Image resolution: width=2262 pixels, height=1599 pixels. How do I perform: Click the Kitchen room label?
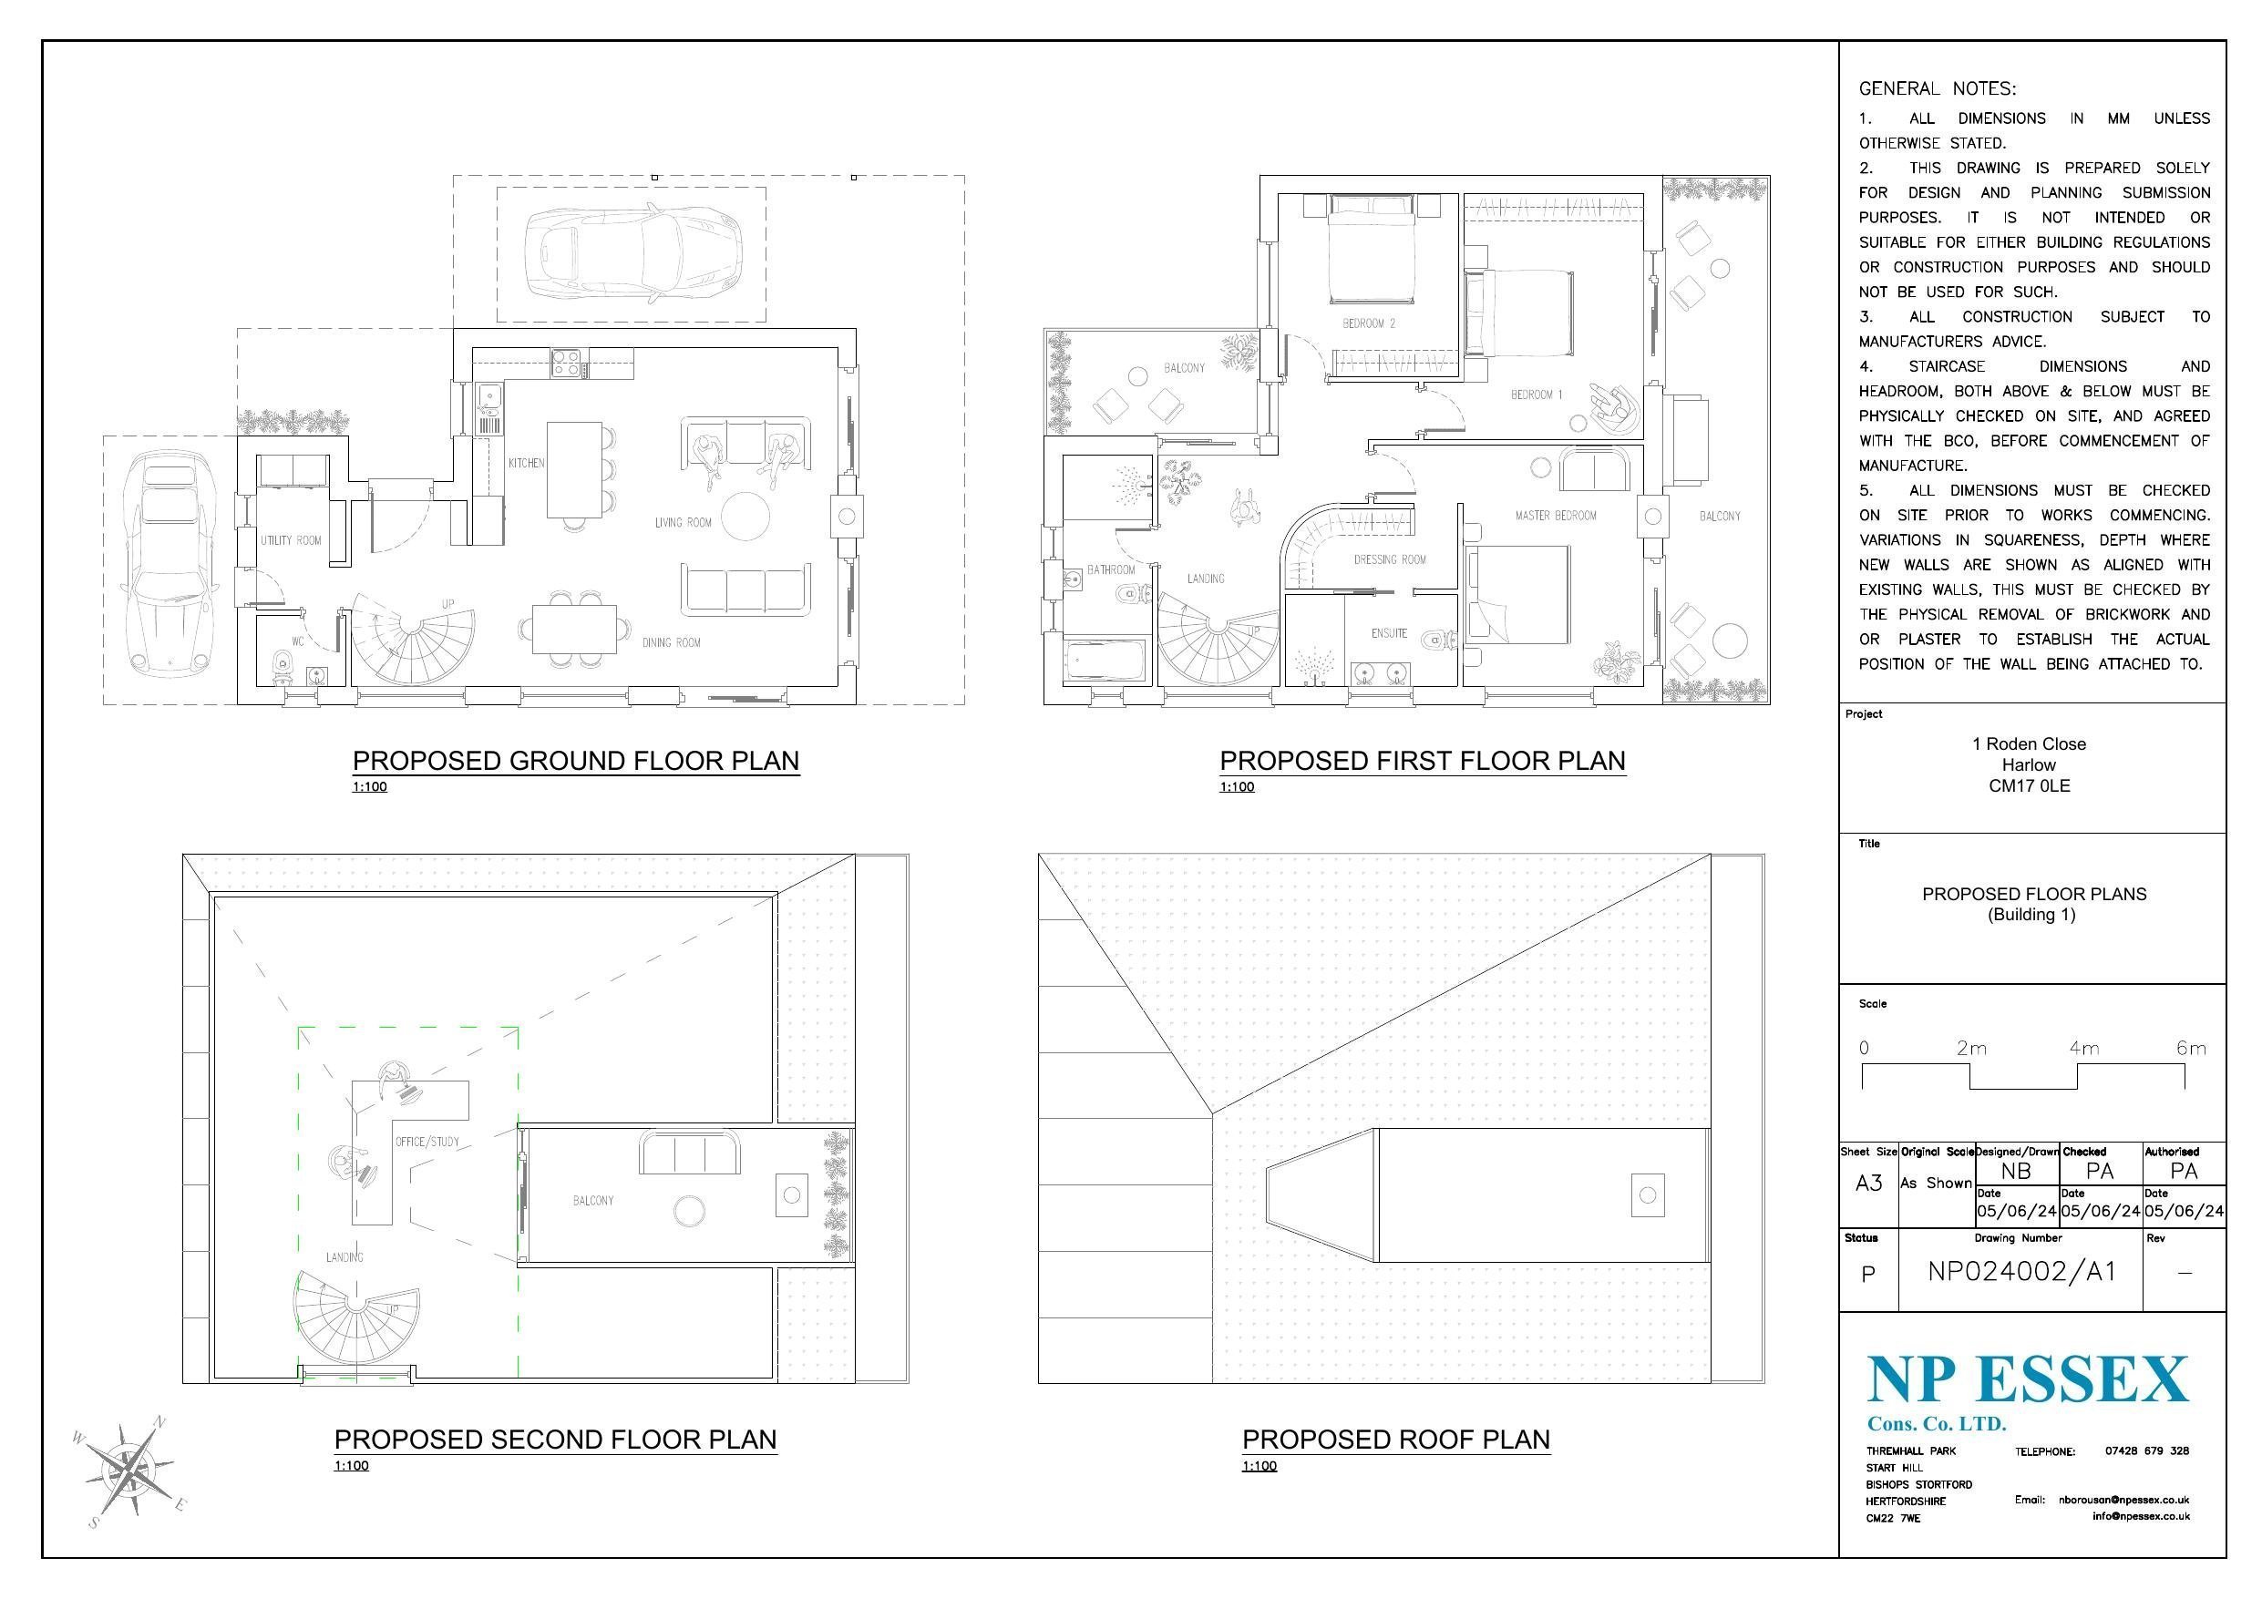pos(526,463)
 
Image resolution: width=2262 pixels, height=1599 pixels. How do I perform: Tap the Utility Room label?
pos(291,540)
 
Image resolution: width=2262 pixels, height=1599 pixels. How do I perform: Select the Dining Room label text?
pos(671,642)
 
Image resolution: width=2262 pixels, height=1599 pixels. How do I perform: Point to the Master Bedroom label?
pos(1556,516)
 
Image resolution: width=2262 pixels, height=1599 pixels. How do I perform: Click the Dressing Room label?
pos(1389,559)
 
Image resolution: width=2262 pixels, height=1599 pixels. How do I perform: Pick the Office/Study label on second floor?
pos(427,1142)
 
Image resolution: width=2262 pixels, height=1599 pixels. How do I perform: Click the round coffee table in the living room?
pos(745,517)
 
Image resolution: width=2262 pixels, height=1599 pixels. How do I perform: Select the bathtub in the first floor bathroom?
pos(1105,661)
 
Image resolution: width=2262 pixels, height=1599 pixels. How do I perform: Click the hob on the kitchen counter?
pos(568,364)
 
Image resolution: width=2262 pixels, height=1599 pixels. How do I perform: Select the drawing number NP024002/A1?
pos(2021,1272)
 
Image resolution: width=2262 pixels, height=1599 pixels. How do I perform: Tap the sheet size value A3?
pos(1868,1184)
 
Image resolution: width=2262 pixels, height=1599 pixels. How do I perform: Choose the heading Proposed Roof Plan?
pos(1396,1440)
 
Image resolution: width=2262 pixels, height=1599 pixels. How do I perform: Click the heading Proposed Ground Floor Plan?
pos(575,761)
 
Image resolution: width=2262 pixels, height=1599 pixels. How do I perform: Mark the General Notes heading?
pos(1937,88)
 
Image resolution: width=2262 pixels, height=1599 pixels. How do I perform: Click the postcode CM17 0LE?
pos(2029,786)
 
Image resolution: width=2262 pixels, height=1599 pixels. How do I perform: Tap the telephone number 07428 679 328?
pos(2147,1451)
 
